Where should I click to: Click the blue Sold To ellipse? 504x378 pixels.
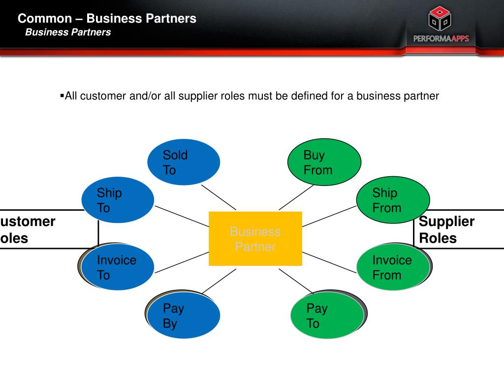(x=184, y=162)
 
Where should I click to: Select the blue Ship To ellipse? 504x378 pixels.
(x=118, y=200)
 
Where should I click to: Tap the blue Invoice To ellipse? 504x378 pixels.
(x=118, y=267)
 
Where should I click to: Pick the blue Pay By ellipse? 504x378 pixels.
(x=184, y=315)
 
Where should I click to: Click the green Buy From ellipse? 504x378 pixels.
(x=324, y=162)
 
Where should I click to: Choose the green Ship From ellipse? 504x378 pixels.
(x=393, y=200)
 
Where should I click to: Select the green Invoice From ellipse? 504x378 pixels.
(x=393, y=267)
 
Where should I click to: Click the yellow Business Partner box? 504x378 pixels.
(x=255, y=239)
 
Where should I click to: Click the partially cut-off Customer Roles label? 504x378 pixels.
(x=28, y=230)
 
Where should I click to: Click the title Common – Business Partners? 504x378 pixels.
(x=107, y=19)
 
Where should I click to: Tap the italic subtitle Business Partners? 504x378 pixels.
(x=68, y=32)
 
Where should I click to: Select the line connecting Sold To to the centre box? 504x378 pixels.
(x=219, y=197)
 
